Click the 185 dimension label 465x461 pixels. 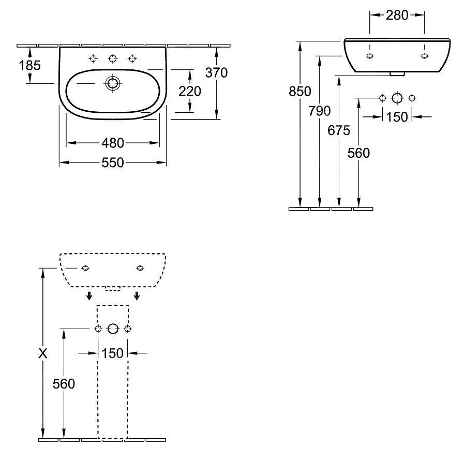tap(30, 65)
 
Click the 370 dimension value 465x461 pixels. tap(216, 73)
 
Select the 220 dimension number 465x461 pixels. tap(190, 91)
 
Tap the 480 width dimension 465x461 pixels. tap(112, 142)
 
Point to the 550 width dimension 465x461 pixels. tap(112, 163)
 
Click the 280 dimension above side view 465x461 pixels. tap(397, 15)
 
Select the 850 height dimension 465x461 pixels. tap(300, 92)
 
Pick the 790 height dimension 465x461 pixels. tap(320, 111)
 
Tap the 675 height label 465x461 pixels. tap(339, 130)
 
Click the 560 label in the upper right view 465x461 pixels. tap(359, 153)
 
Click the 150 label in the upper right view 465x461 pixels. tap(397, 117)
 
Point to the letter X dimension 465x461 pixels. tap(43, 354)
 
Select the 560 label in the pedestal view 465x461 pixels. tap(64, 383)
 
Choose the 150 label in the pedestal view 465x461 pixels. tap(112, 353)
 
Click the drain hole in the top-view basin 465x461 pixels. tap(112, 83)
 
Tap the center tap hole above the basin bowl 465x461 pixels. tap(113, 58)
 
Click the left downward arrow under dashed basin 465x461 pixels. tap(89, 296)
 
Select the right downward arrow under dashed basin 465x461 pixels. tap(137, 296)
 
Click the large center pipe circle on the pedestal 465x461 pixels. tap(113, 329)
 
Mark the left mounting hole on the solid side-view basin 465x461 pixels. tap(369, 56)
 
